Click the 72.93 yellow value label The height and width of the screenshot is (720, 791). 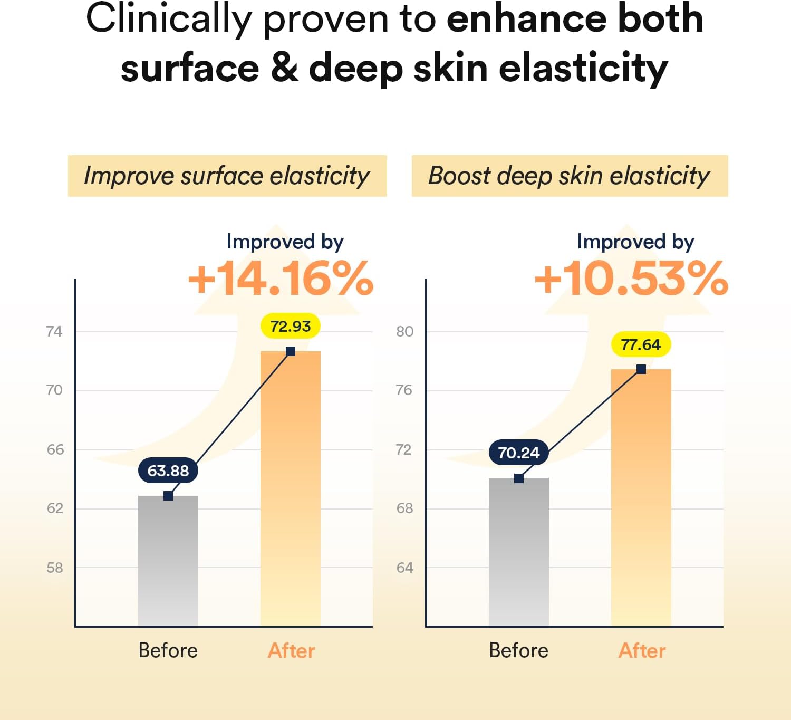pos(291,327)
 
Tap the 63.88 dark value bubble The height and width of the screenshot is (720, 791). pos(168,471)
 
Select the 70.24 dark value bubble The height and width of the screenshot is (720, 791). pos(518,453)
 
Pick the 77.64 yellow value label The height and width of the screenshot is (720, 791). pos(641,345)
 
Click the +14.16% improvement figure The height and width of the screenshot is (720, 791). pos(281,278)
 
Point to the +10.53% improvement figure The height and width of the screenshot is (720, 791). pos(631,278)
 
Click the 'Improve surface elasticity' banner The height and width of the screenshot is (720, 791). pos(227,176)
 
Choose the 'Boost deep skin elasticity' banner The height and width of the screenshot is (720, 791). pos(570,176)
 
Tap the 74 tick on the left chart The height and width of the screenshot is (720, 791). pos(54,331)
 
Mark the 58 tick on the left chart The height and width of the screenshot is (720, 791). pos(55,568)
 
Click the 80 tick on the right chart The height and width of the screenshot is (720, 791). pos(404,331)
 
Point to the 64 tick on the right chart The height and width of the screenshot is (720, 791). pos(404,568)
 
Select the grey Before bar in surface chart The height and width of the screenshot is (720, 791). pos(168,561)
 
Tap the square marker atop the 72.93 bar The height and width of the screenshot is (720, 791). pos(291,351)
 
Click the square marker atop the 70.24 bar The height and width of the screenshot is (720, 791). pos(519,478)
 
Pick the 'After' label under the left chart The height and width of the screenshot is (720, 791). pos(292,650)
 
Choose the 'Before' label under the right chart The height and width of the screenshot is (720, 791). pos(518,650)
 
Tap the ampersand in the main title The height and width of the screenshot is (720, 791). pos(284,69)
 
